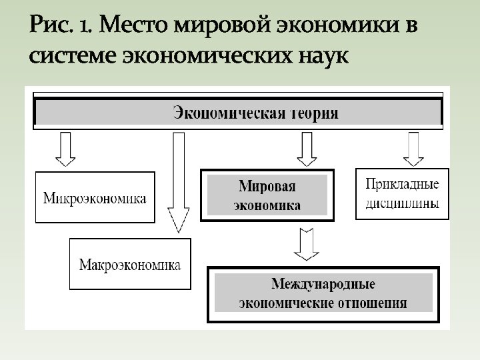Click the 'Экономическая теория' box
pos(237,113)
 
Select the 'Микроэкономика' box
pos(95,198)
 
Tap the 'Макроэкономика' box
pos(129,265)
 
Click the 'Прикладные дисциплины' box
pos(403,193)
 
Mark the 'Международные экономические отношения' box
pos(323,293)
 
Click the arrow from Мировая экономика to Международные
pos(307,243)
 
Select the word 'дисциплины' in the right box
pos(403,204)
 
